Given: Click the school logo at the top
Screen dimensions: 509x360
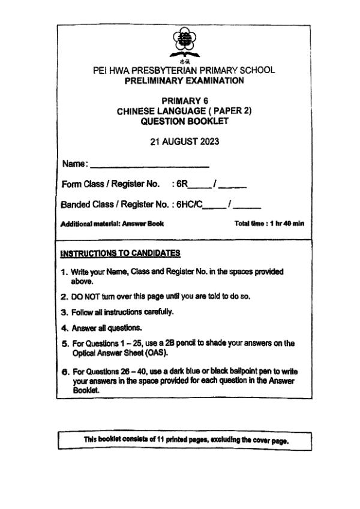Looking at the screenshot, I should coord(184,43).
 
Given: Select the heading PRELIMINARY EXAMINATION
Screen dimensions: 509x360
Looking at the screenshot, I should coord(184,80).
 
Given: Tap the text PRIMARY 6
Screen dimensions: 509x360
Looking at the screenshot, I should coord(185,101).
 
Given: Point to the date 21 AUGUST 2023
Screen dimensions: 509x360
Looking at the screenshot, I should coord(184,141).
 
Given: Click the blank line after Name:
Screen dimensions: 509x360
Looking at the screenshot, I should coord(149,165).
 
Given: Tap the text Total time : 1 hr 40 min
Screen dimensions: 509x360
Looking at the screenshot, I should coord(269,224).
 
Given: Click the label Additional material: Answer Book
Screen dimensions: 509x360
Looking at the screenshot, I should coord(112,224).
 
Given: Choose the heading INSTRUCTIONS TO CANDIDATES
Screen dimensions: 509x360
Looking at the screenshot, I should coord(120,254).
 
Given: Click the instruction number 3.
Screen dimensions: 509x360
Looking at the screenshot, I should coord(64,312).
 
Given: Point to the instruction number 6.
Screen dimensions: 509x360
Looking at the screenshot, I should coord(64,372).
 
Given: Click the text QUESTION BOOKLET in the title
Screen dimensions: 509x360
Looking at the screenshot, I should coord(184,121).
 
